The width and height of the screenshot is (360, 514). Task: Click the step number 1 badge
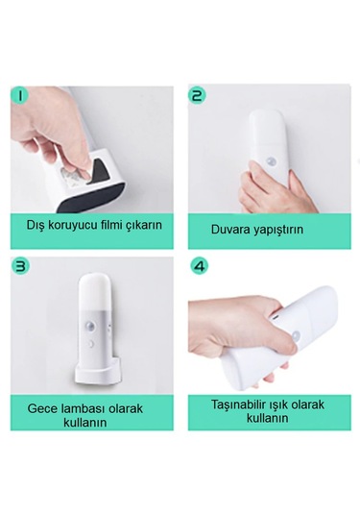coord(20,95)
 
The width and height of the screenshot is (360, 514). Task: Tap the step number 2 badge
coord(198,95)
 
